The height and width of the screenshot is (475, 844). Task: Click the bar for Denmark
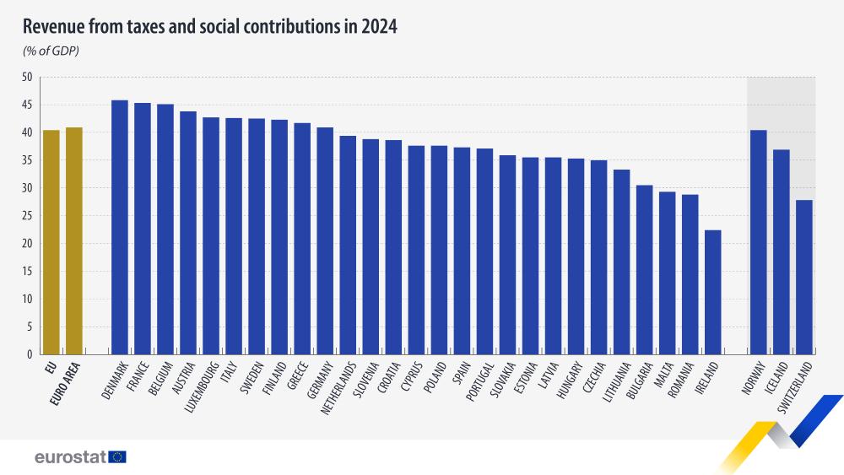click(120, 227)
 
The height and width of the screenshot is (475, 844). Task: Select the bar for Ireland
click(713, 292)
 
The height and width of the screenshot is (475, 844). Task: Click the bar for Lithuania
click(621, 262)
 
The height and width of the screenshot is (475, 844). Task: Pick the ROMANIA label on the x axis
click(681, 381)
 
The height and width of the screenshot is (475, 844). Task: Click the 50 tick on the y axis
click(26, 78)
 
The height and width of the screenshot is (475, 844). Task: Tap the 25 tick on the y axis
click(26, 216)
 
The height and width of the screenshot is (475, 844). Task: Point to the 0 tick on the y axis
click(29, 354)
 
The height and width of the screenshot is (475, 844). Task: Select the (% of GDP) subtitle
click(51, 52)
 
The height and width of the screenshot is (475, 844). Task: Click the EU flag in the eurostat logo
click(116, 456)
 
